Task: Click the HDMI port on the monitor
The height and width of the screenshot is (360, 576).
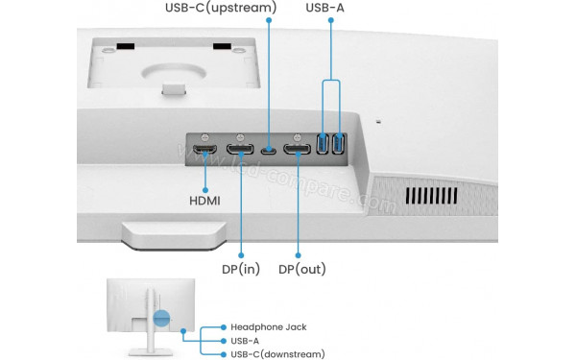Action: (x=204, y=151)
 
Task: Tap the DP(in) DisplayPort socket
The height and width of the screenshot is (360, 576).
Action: (x=240, y=151)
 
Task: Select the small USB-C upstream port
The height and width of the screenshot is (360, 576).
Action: (x=270, y=151)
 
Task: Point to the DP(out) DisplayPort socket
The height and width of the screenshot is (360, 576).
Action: (x=299, y=151)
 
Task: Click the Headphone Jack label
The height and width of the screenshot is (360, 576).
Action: (x=269, y=326)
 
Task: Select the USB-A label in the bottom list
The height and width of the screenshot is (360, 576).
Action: (x=245, y=340)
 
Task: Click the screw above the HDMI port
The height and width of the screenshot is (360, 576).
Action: (x=204, y=134)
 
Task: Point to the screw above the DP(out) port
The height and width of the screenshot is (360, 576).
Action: (x=299, y=134)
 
